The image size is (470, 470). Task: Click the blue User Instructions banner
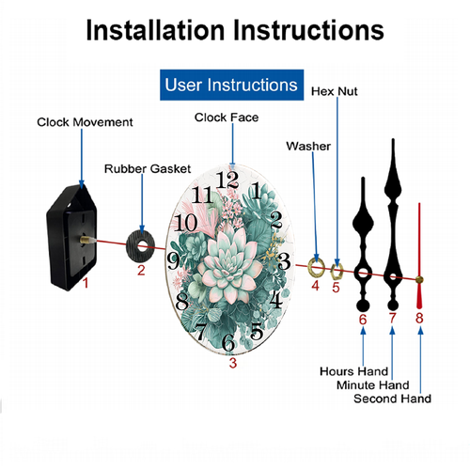point(231,85)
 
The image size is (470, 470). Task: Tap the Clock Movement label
point(85,122)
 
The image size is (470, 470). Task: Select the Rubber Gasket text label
point(148,169)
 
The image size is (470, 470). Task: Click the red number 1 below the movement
point(86,283)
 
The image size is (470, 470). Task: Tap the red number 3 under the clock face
point(232,363)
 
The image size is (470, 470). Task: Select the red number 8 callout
point(419,318)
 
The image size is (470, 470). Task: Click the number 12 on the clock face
point(227,180)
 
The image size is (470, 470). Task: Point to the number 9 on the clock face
point(173,261)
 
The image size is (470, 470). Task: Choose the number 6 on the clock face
point(228,342)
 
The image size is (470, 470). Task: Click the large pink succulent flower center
point(230,265)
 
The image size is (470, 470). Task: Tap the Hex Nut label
point(335,91)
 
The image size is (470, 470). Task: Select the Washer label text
point(308,147)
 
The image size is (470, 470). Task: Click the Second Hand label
point(392,399)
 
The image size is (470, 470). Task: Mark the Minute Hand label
point(373,385)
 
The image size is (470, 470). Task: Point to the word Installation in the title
point(155,30)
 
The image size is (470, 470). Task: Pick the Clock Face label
point(227,117)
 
